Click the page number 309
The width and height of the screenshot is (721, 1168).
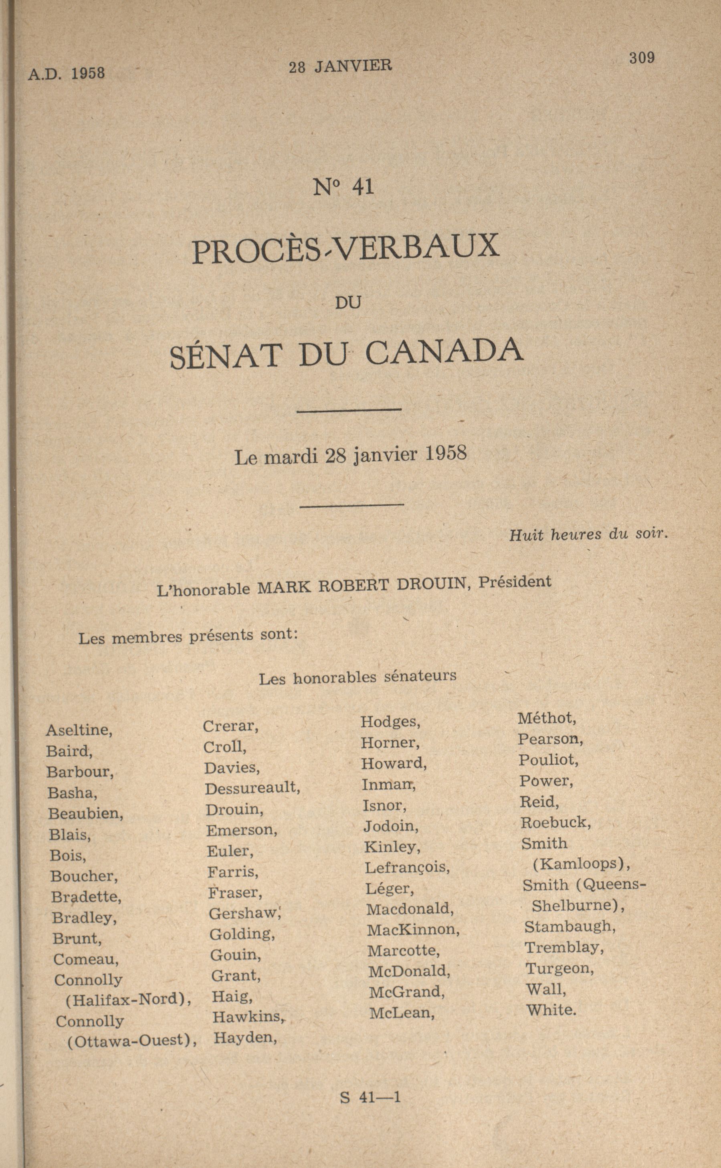641,58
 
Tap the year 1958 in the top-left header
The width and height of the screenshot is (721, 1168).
88,73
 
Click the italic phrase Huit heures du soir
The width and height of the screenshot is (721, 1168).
588,535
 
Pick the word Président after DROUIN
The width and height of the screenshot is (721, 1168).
515,583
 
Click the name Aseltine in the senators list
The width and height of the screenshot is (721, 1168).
79,730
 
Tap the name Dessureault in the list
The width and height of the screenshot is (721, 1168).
252,789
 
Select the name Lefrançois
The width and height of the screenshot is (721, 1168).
407,867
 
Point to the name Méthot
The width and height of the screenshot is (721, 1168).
547,718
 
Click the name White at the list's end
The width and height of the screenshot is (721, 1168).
551,1010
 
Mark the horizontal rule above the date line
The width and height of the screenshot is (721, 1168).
349,410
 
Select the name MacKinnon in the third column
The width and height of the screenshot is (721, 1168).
412,930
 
